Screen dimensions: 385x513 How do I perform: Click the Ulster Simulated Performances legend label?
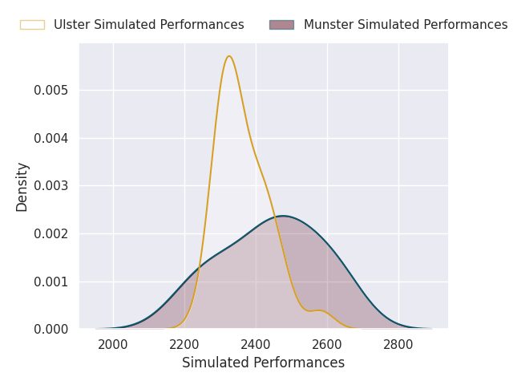148,25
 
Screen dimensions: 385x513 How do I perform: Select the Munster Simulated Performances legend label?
405,25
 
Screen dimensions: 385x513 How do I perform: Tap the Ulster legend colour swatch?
32,25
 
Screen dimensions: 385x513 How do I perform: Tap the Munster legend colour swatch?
281,25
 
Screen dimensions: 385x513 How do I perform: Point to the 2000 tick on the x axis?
113,345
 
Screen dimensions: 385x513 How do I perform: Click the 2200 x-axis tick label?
184,345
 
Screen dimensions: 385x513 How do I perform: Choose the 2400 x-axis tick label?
256,345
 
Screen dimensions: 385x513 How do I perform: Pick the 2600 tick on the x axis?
327,345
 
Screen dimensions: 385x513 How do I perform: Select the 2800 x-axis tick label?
398,345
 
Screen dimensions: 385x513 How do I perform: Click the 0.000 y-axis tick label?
50,330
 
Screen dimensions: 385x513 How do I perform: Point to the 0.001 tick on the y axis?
50,282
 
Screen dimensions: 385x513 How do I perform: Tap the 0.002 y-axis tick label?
50,233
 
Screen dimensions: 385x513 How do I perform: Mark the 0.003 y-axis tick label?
50,186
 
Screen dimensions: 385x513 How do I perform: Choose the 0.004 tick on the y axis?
50,138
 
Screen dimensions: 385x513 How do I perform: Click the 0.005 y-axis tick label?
50,90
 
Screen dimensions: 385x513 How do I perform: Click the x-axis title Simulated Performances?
263,363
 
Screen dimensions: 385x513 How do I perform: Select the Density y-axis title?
22,186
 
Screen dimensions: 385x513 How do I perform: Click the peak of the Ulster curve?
229,56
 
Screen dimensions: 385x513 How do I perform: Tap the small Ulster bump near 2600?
318,310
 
